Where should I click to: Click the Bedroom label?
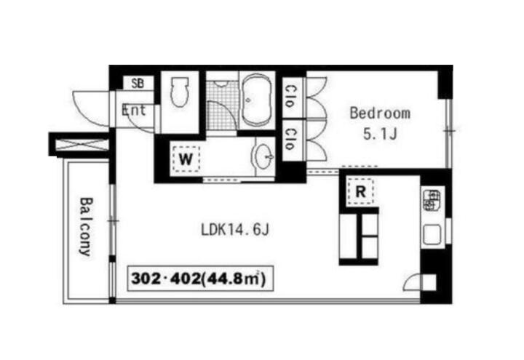point(380,113)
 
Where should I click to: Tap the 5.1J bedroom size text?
point(380,135)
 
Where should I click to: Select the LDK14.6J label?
point(235,230)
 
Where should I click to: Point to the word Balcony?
point(86,227)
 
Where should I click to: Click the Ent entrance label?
point(134,111)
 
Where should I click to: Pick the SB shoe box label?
point(138,83)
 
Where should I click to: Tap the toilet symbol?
point(180,92)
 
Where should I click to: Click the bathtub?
point(256,100)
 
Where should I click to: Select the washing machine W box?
point(186,159)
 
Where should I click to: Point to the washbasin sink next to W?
point(265,156)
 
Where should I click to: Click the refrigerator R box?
point(360,192)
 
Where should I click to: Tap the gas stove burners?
point(432,200)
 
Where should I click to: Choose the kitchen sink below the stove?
point(432,234)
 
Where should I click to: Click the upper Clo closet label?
point(290,97)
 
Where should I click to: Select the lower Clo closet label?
point(290,139)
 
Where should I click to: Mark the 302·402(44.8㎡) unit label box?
point(201,279)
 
